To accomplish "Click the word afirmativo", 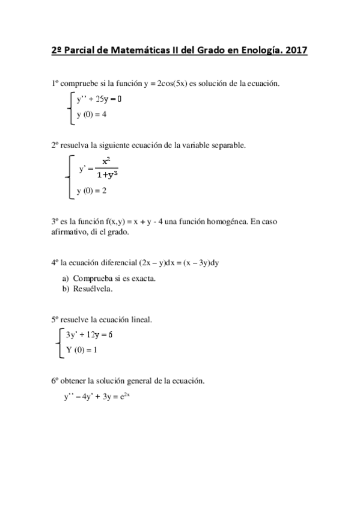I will [x=69, y=233].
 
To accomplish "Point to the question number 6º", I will [x=54, y=381].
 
